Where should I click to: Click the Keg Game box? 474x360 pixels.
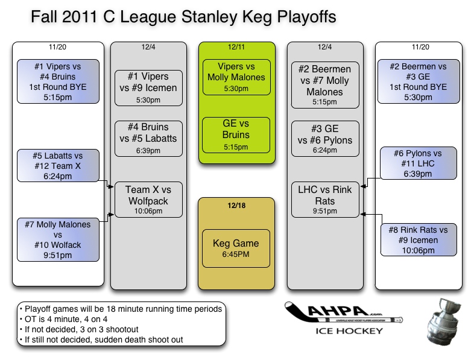tap(236, 248)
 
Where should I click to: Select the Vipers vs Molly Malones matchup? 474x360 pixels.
tap(236, 77)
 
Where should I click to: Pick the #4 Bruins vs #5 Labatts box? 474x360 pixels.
tap(148, 138)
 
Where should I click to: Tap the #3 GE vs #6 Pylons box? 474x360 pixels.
tap(326, 138)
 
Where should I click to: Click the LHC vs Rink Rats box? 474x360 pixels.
tap(326, 199)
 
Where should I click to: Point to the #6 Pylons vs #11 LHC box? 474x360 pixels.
tap(419, 163)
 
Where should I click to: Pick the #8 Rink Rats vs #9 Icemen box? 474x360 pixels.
tap(419, 239)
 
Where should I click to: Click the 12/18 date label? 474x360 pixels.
tap(236, 205)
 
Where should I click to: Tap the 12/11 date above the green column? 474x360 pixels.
tap(236, 46)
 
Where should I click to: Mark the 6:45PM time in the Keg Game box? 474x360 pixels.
tap(236, 254)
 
